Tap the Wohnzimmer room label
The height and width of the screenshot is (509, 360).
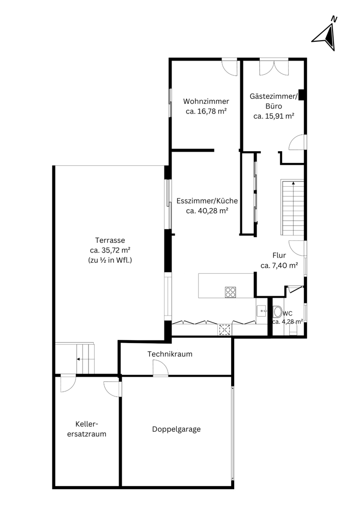pos(206,101)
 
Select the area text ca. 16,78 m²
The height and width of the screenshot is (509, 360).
pos(206,111)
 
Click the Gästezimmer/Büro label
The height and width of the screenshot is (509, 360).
pos(273,101)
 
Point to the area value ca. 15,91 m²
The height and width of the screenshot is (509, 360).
pos(273,116)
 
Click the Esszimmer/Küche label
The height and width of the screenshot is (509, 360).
pos(207,201)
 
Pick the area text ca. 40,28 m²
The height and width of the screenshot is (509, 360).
pos(207,211)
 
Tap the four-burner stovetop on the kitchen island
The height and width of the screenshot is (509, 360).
pos(231,292)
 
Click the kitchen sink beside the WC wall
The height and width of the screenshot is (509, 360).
pos(261,311)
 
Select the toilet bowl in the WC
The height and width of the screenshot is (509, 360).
pos(278,312)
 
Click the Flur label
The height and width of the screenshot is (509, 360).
pos(279,255)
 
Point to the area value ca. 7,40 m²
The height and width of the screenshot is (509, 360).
pos(280,266)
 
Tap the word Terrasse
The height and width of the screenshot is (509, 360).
pos(110,240)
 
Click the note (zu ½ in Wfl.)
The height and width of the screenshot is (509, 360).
pos(110,260)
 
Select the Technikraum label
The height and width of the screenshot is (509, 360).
pos(170,354)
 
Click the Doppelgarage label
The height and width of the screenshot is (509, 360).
pos(176,429)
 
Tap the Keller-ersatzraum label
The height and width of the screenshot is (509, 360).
pos(87,429)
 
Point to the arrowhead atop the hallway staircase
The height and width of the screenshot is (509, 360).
pos(293,183)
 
